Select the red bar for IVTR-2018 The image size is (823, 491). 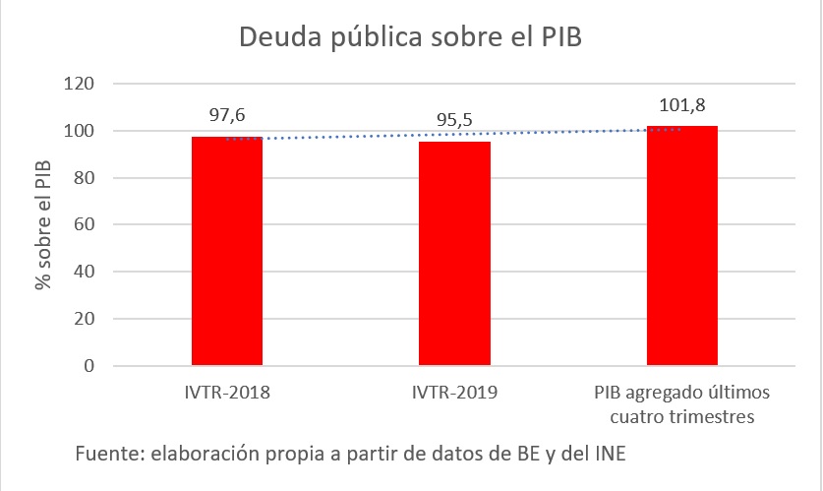226,251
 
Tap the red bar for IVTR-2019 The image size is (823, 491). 454,254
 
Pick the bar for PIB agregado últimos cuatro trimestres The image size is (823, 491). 681,246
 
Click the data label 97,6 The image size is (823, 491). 226,115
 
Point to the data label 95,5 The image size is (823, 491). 454,120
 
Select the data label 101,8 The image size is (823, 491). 681,105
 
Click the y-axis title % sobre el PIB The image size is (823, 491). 42,224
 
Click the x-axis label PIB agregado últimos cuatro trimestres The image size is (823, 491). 681,404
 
